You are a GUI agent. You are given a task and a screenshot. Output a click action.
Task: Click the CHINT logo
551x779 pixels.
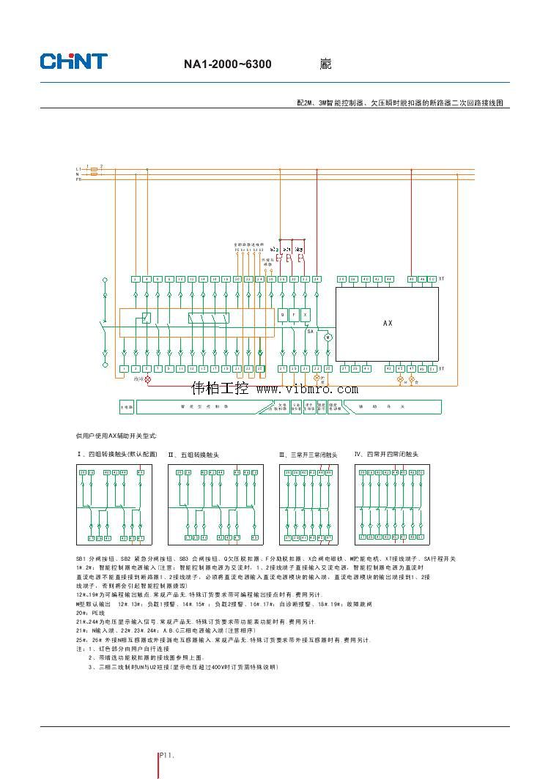[73, 61]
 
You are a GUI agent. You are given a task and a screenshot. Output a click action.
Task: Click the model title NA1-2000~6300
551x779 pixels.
[227, 64]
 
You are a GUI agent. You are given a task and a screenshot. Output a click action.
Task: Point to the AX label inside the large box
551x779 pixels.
[388, 322]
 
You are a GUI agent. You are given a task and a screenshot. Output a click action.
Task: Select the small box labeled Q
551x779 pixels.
[283, 316]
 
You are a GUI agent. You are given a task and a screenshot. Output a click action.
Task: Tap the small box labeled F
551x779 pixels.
[295, 316]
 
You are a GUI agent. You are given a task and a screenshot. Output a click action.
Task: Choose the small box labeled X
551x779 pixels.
[306, 316]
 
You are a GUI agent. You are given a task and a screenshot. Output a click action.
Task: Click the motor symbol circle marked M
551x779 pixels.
[328, 337]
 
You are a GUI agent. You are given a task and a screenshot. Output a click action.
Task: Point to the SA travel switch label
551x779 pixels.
[311, 331]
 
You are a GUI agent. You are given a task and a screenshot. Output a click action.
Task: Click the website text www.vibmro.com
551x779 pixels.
[306, 389]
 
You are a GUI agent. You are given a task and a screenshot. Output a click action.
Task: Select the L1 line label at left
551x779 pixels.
[78, 168]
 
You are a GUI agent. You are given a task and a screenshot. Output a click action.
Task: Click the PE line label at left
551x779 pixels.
[78, 179]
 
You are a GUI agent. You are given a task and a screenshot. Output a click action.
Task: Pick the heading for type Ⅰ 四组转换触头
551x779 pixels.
[117, 454]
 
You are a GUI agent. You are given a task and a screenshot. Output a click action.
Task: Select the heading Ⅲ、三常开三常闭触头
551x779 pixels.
[308, 455]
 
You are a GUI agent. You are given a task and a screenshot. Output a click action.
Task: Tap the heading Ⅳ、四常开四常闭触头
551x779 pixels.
[386, 454]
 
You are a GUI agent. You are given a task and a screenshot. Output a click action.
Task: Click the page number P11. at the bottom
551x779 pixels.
[167, 754]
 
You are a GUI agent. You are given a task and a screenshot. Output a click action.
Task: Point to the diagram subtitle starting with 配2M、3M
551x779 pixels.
[400, 103]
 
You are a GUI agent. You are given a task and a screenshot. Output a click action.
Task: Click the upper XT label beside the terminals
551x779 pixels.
[441, 279]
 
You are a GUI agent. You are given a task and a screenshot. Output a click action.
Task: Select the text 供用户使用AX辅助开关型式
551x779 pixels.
[117, 435]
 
